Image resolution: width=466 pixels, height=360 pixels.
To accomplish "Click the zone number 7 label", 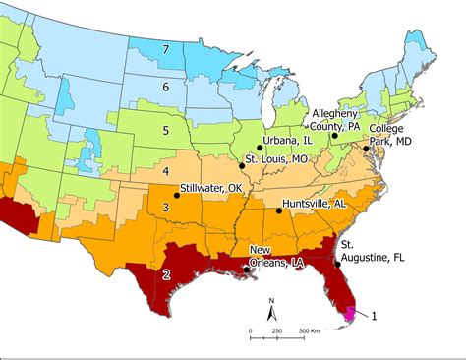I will point(167,49).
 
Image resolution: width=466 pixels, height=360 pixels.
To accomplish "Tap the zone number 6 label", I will point(166,88).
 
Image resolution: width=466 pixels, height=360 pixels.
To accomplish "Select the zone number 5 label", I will point(166,129).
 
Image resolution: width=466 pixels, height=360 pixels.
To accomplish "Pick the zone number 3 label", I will point(167,208).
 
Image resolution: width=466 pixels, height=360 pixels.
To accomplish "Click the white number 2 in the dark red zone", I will point(167,273).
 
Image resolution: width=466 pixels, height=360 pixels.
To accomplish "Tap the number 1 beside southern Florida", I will point(375,315).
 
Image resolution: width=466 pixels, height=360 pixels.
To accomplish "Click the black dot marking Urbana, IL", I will point(261,146).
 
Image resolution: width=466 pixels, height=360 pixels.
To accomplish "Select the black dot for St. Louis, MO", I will point(241,167).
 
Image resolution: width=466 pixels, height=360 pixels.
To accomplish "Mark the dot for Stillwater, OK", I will point(176,196).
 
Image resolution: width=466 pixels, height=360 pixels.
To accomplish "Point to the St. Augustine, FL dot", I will point(338,264).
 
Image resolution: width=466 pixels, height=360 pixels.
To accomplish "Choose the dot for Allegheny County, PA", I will point(334,135).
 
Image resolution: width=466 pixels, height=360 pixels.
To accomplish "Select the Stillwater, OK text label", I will point(210,187).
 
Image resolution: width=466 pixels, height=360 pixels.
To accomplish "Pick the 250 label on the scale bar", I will point(276,330).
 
